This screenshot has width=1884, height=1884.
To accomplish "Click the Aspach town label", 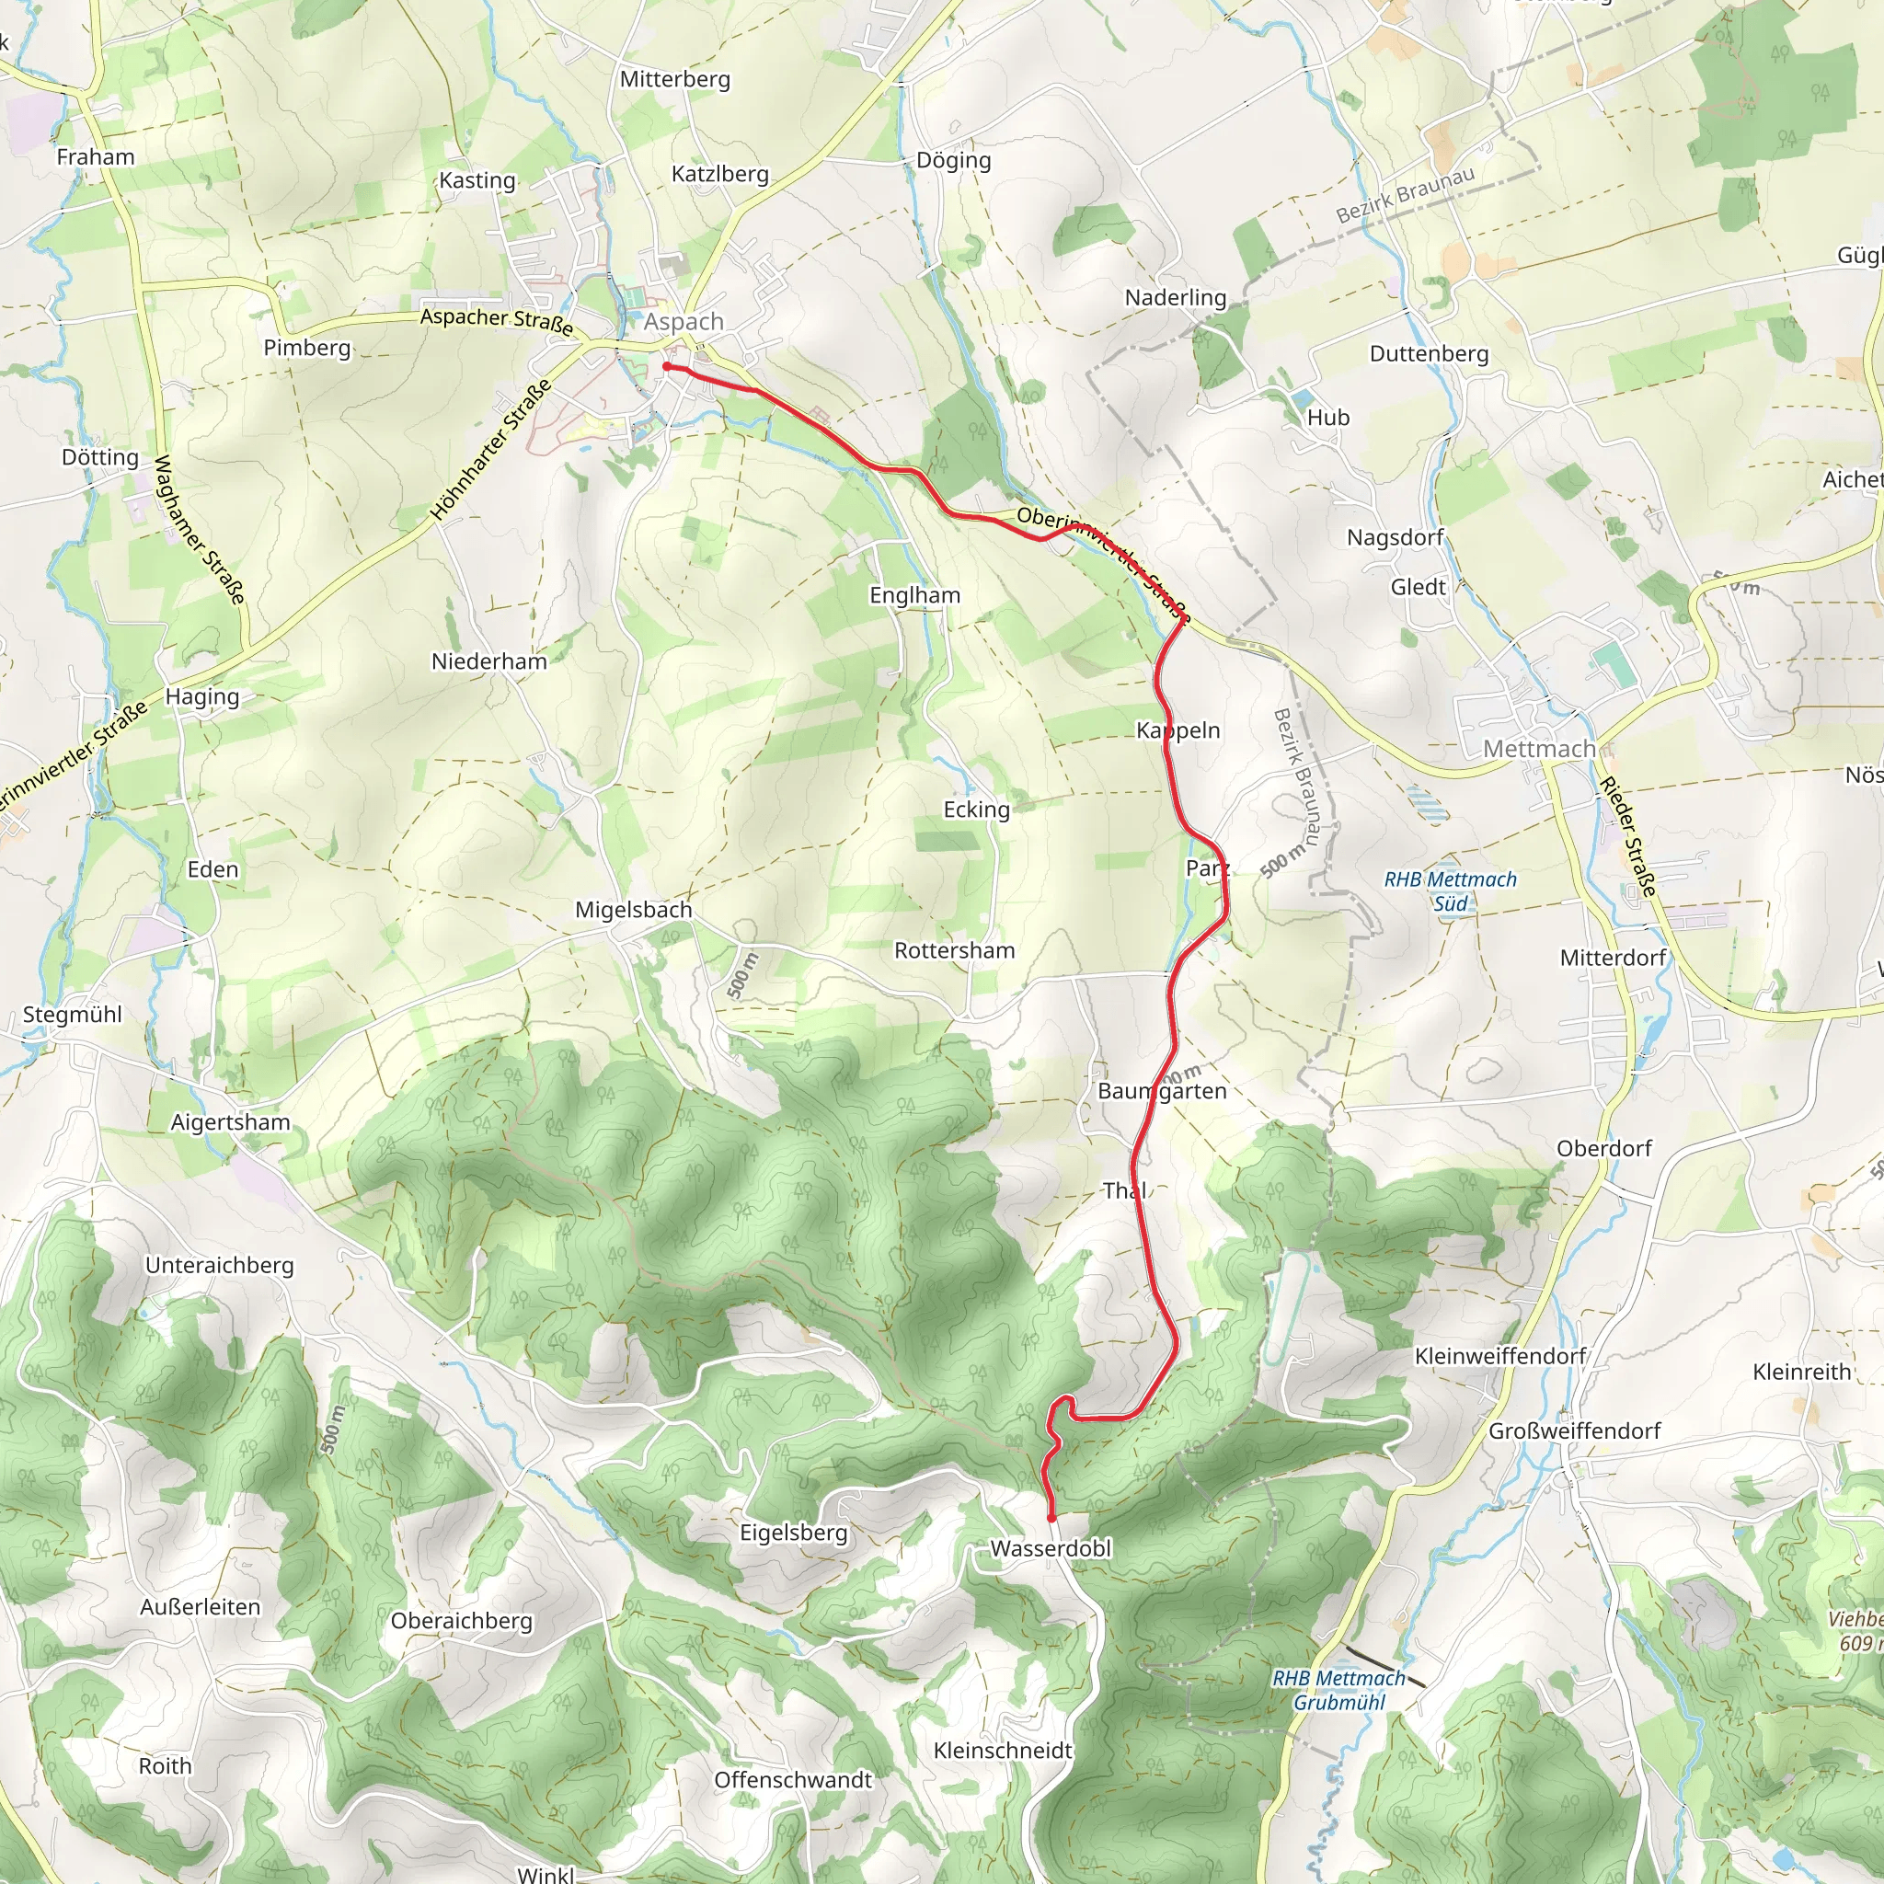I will point(684,322).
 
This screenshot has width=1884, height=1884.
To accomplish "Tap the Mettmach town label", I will point(1539,749).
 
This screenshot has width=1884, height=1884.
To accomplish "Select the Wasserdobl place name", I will point(1051,1548).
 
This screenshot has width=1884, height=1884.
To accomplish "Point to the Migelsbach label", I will point(633,910).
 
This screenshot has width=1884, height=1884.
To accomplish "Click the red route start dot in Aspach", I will point(666,367).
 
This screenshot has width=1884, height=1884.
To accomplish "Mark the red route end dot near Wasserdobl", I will point(1051,1518).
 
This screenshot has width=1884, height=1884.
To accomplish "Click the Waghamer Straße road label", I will point(199,530).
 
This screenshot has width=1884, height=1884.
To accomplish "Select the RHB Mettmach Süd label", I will point(1450,891).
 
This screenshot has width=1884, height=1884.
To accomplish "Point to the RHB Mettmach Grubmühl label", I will point(1338,1690).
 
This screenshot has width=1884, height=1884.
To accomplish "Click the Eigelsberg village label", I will point(794,1532).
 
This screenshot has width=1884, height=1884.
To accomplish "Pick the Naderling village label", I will point(1175,297).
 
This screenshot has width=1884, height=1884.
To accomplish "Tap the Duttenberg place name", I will point(1429,353).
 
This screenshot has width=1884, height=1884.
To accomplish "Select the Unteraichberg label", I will point(220,1265).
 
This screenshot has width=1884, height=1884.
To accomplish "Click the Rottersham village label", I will point(955,951).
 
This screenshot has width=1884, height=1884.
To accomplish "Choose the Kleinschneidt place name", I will point(1003,1751).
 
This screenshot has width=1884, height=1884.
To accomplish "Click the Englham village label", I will point(914,595).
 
